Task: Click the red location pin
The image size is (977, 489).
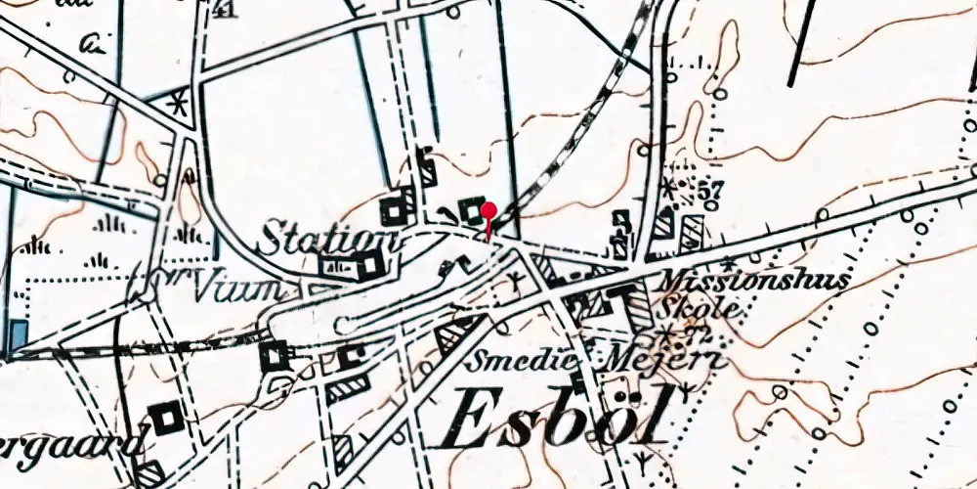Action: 487,212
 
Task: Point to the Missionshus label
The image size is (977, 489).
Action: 755,280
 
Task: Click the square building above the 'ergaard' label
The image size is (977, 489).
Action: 168,418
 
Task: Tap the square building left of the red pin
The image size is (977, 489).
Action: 474,211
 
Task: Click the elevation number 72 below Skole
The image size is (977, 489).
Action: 697,337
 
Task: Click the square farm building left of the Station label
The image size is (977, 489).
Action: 397,208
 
